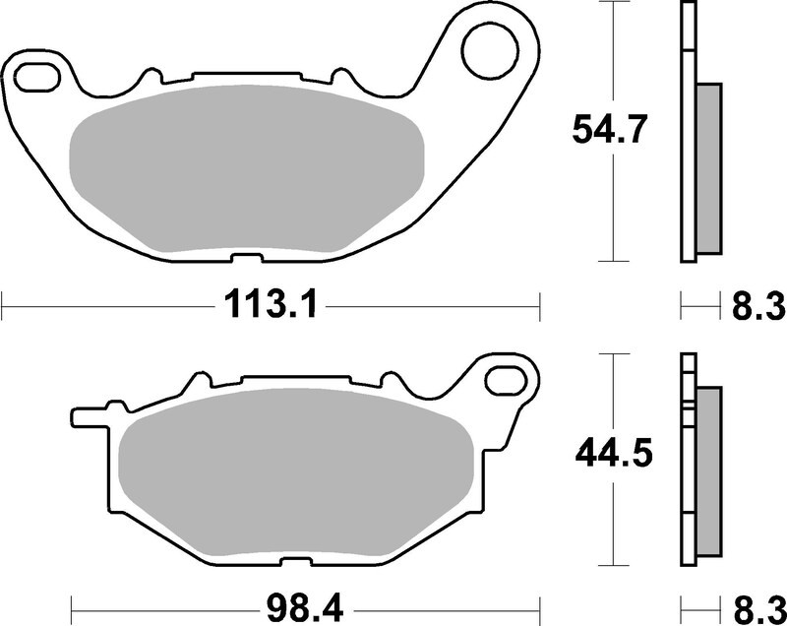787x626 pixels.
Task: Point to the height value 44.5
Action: [611, 454]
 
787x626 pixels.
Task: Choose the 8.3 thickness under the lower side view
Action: [757, 603]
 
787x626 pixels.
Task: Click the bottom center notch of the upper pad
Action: [240, 259]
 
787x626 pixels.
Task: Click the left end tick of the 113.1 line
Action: [3, 306]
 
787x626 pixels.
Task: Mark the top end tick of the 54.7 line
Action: [615, 3]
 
